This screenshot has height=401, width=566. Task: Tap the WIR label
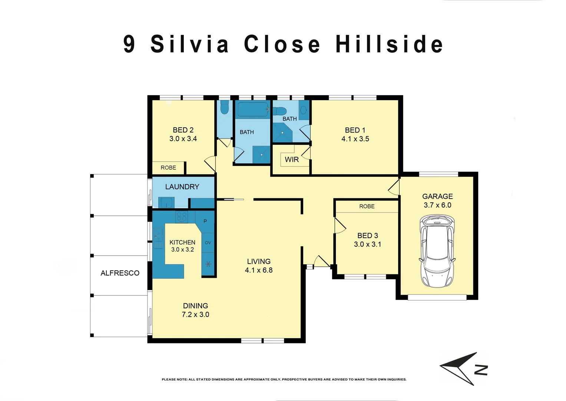(292, 160)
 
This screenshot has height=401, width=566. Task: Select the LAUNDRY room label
(182, 187)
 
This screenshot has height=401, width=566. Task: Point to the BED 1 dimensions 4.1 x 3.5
(355, 139)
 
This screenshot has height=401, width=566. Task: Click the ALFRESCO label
(120, 273)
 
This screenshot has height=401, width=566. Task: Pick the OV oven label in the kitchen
(208, 242)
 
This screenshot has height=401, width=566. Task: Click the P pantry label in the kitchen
(205, 221)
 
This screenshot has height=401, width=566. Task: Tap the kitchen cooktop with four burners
(182, 216)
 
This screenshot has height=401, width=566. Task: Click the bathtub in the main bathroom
(253, 109)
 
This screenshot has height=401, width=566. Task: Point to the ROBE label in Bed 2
(168, 168)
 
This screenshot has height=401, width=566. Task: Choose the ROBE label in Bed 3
(367, 206)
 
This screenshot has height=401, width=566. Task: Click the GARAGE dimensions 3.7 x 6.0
(437, 205)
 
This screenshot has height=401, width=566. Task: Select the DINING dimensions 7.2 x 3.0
(195, 314)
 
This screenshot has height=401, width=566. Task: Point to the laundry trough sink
(166, 203)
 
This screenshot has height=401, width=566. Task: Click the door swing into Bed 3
(339, 226)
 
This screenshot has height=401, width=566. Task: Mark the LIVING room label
(259, 261)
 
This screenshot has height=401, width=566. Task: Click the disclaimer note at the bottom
(284, 379)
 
